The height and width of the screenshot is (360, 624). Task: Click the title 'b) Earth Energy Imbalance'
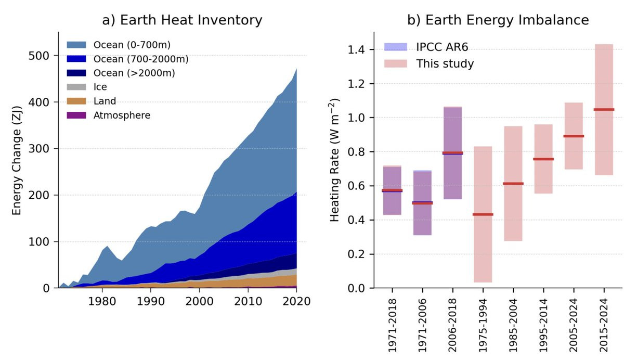pyautogui.click(x=498, y=20)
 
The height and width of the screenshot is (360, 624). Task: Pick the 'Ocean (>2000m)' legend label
pyautogui.click(x=134, y=73)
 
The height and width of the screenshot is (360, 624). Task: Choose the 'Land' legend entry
pyautogui.click(x=105, y=101)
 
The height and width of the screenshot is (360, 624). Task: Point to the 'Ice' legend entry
pyautogui.click(x=100, y=87)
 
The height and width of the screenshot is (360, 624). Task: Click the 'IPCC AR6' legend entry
pyautogui.click(x=442, y=47)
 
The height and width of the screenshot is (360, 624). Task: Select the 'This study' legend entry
pyautogui.click(x=445, y=64)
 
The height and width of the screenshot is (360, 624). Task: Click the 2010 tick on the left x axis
pyautogui.click(x=248, y=301)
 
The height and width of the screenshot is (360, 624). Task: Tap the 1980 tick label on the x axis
pyautogui.click(x=102, y=301)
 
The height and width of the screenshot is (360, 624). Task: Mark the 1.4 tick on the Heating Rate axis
pyautogui.click(x=356, y=50)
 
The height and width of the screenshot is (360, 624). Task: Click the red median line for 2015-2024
pyautogui.click(x=604, y=109)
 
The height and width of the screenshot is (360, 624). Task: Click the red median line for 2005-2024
pyautogui.click(x=574, y=136)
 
